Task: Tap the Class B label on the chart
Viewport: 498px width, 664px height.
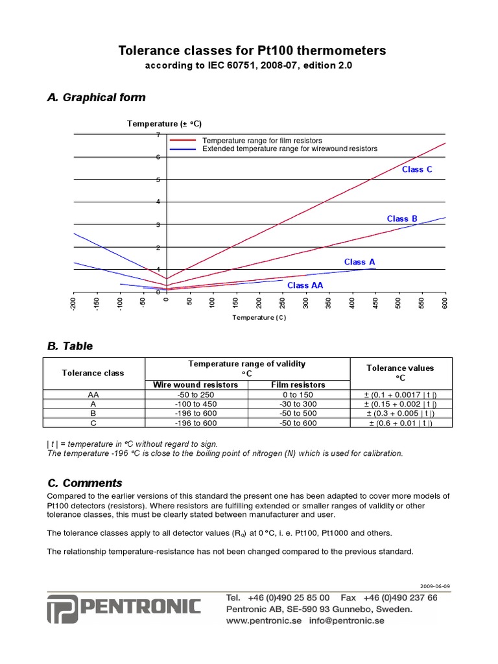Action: (x=402, y=219)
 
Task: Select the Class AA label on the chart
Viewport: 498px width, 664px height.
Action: (x=305, y=285)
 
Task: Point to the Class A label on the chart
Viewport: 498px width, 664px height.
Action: (x=359, y=262)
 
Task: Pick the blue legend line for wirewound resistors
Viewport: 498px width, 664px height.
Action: (x=182, y=149)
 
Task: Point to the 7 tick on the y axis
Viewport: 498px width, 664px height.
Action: (x=158, y=135)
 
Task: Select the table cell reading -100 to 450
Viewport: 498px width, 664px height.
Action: (x=196, y=403)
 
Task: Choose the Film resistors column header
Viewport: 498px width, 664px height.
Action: (x=298, y=385)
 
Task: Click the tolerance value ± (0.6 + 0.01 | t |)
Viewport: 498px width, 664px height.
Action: (x=401, y=423)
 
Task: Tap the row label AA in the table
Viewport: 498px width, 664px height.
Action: (x=93, y=394)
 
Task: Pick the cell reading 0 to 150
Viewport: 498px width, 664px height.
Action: (x=298, y=394)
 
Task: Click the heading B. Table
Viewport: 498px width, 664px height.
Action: (x=70, y=346)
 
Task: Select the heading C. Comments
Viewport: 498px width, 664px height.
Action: (x=84, y=483)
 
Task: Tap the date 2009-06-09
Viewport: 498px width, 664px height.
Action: (x=434, y=586)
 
